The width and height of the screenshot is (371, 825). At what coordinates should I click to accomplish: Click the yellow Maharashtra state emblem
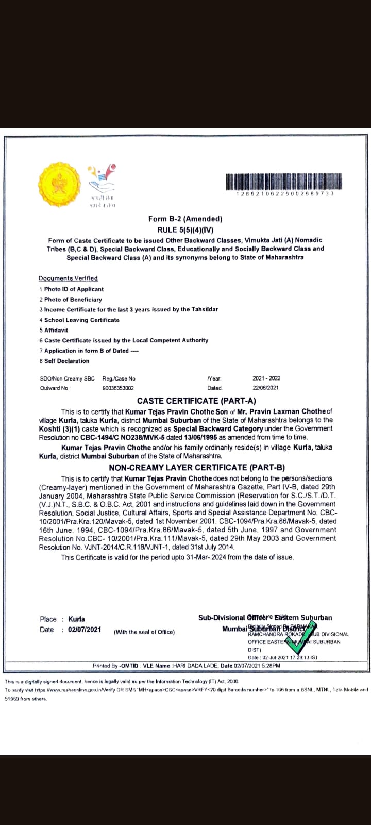pyautogui.click(x=59, y=183)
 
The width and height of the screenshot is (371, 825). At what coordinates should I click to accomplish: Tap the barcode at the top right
pyautogui.click(x=285, y=181)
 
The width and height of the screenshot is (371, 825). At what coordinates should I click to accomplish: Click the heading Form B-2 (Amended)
pyautogui.click(x=185, y=219)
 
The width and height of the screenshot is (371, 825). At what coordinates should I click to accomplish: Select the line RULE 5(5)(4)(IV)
pyautogui.click(x=185, y=229)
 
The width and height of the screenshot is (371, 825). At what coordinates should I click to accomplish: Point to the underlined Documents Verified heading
pyautogui.click(x=68, y=278)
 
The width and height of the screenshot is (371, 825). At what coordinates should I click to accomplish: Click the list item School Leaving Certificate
pyautogui.click(x=81, y=320)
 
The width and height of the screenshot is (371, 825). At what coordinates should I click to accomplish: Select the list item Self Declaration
pyautogui.click(x=66, y=361)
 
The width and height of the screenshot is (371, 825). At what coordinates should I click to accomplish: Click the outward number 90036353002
pyautogui.click(x=119, y=388)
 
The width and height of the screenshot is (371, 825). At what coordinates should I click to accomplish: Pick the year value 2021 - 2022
pyautogui.click(x=266, y=378)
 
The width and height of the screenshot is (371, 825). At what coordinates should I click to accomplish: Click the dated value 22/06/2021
pyautogui.click(x=266, y=388)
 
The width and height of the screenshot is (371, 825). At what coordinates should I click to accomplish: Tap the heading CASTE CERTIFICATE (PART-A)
pyautogui.click(x=196, y=401)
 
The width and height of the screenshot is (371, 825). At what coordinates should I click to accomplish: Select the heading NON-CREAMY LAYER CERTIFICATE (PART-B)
pyautogui.click(x=197, y=468)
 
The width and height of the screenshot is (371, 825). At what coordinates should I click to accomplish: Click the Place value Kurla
pyautogui.click(x=76, y=619)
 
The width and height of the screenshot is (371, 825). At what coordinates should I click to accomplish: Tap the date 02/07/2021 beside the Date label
pyautogui.click(x=85, y=630)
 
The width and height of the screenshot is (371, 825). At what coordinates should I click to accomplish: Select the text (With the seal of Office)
pyautogui.click(x=144, y=632)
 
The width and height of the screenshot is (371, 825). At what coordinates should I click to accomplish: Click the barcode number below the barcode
pyautogui.click(x=285, y=193)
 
